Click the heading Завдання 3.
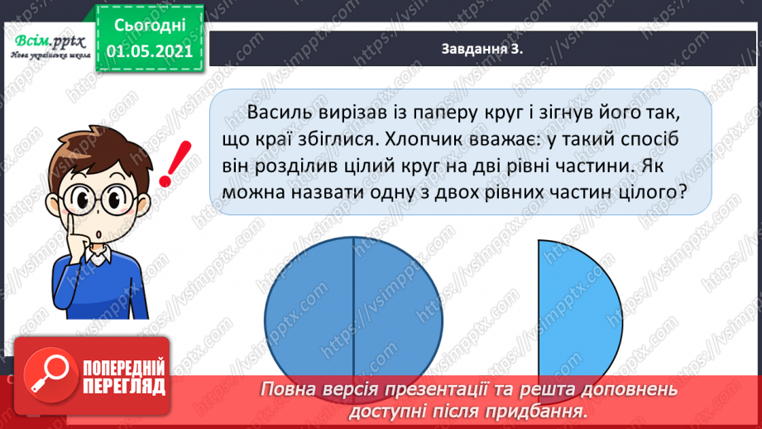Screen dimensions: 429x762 [x=484, y=51]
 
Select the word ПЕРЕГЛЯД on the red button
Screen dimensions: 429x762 [x=124, y=387]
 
